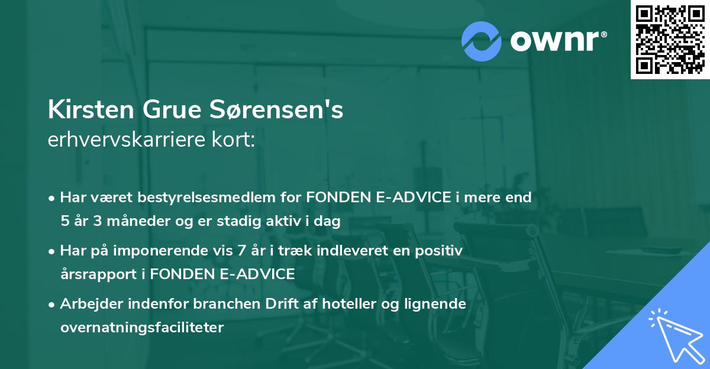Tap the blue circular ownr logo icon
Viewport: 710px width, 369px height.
pos(482,41)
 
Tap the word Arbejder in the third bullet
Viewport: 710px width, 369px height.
pos(88,305)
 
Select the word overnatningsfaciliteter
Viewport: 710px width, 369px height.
pos(142,328)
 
